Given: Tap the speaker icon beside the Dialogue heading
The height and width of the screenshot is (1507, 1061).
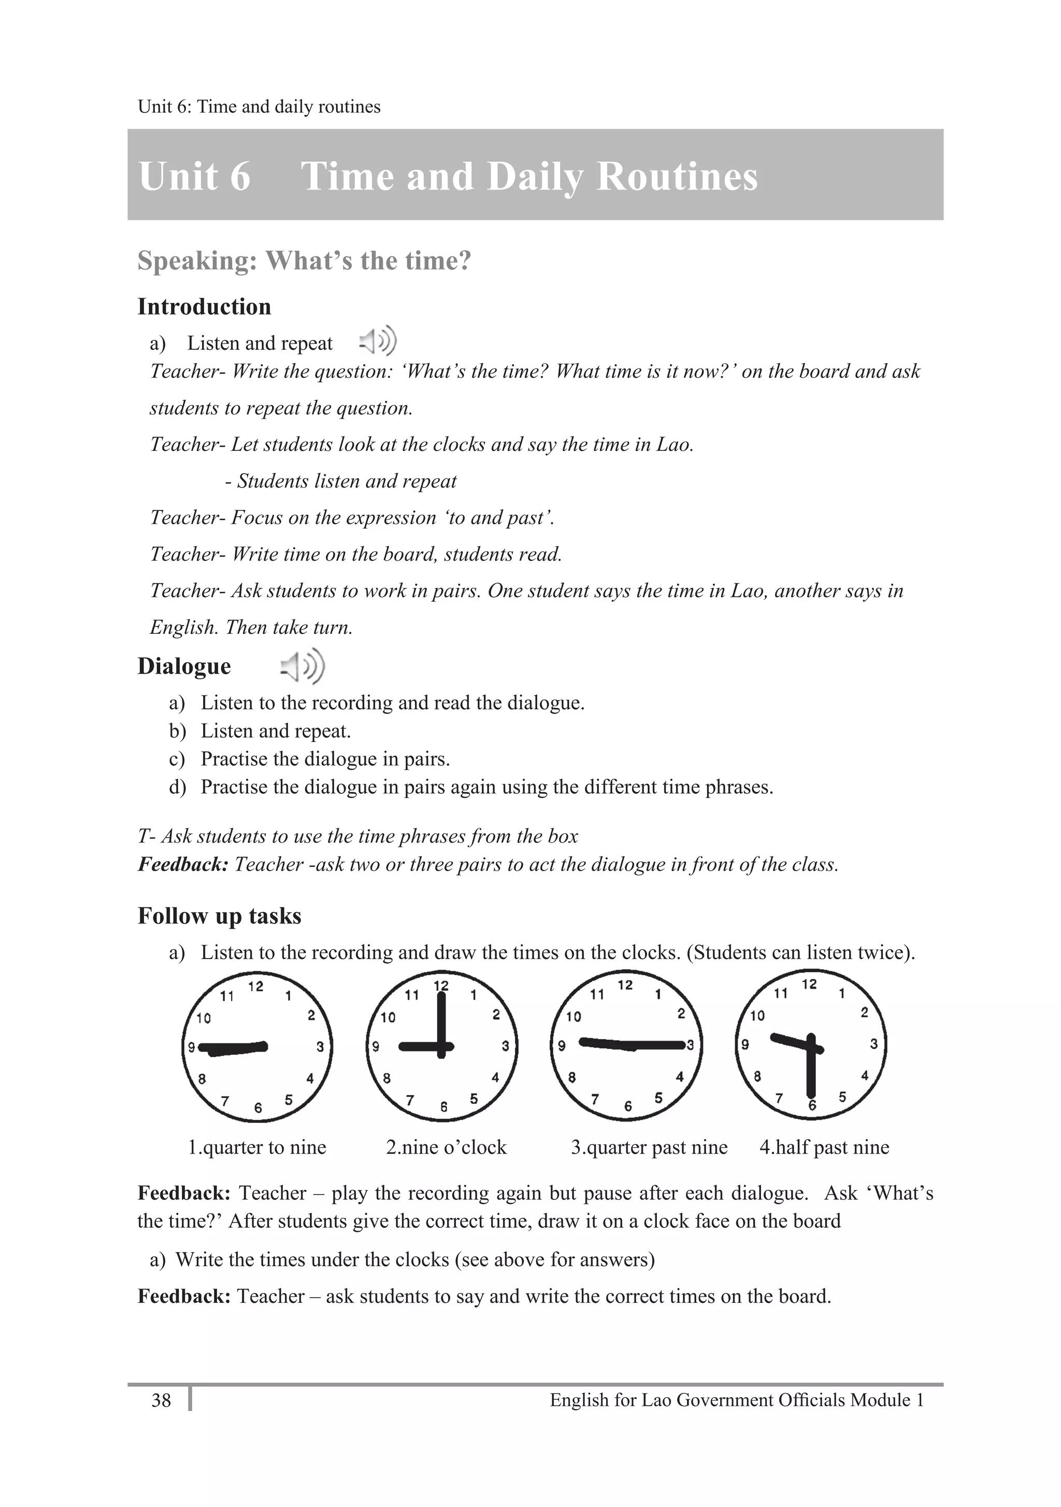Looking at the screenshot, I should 303,666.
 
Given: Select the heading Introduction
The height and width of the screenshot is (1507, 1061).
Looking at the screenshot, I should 204,306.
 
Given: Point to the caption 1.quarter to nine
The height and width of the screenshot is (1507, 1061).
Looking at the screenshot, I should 256,1147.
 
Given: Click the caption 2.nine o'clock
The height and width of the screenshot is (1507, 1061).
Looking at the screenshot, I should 446,1147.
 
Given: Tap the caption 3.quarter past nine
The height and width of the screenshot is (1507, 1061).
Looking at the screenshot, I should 649,1147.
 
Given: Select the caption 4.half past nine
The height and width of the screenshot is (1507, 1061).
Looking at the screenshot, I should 824,1147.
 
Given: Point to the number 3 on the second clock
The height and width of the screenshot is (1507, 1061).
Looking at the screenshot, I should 505,1046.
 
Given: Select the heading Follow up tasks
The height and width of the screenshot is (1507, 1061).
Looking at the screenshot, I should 219,916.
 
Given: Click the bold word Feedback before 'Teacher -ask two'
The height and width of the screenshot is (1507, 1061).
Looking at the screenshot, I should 182,864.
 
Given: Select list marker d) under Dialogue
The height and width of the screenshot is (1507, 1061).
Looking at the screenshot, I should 177,787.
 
